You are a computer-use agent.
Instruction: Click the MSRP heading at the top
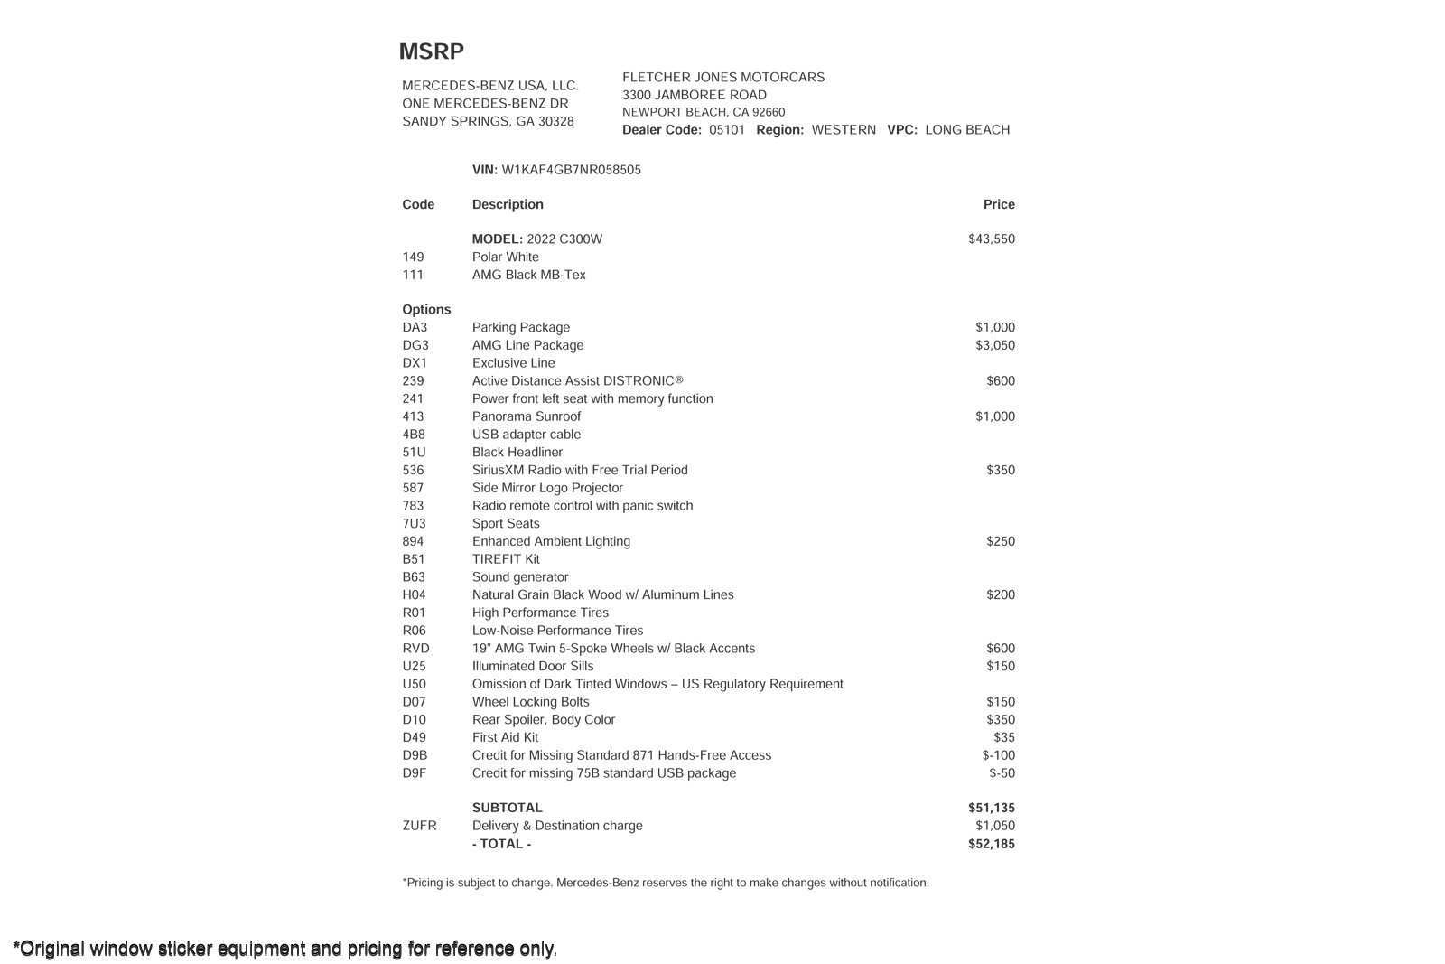click(x=431, y=51)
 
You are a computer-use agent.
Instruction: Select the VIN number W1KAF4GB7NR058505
click(x=571, y=170)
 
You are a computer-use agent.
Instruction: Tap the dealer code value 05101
click(x=727, y=130)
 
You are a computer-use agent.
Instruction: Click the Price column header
click(x=999, y=204)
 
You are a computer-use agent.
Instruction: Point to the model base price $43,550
click(x=991, y=239)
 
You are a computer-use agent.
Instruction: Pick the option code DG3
click(x=415, y=345)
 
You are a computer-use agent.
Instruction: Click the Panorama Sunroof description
click(x=527, y=416)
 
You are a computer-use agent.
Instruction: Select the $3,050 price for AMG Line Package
click(x=994, y=345)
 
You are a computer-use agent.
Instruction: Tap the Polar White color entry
click(x=505, y=257)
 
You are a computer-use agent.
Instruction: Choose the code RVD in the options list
click(x=415, y=649)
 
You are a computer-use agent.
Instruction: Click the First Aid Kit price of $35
click(x=1003, y=737)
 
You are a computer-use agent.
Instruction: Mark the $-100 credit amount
click(x=998, y=755)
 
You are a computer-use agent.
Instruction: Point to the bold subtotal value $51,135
click(x=991, y=808)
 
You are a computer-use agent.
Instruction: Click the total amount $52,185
click(x=991, y=844)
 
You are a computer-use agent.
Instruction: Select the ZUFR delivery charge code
click(x=419, y=826)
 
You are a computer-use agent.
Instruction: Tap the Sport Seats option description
click(x=506, y=524)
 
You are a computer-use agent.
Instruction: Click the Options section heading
click(x=426, y=309)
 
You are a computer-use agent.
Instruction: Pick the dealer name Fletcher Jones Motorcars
click(x=722, y=78)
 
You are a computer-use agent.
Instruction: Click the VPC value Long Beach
click(x=966, y=130)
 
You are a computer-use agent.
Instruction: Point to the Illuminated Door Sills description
click(x=533, y=666)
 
